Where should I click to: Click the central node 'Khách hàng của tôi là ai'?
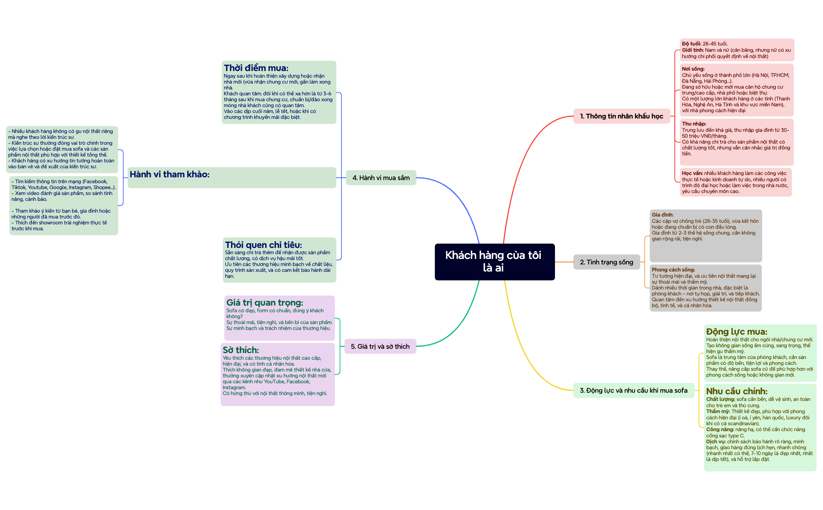pos(495,262)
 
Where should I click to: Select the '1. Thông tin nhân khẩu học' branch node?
pos(622,116)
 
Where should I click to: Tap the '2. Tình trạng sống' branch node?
pos(606,262)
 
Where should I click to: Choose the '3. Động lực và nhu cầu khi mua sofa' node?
pos(633,390)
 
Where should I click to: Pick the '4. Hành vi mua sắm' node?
pos(381,178)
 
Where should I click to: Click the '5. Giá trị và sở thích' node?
pos(380,346)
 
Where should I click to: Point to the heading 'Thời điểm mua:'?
pos(256,68)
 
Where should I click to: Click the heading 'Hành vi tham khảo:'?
pos(170,174)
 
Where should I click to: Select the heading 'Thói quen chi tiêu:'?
pos(263,245)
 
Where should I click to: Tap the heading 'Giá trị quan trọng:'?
pos(265,302)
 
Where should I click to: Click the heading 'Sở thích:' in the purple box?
pos(241,350)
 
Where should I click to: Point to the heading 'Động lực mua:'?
pos(737,331)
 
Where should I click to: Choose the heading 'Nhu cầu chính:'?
pos(737,391)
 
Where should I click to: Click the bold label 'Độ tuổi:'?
pos(692,44)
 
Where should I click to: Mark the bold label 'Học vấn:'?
pos(692,173)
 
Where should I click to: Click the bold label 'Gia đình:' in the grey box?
pos(662,215)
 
